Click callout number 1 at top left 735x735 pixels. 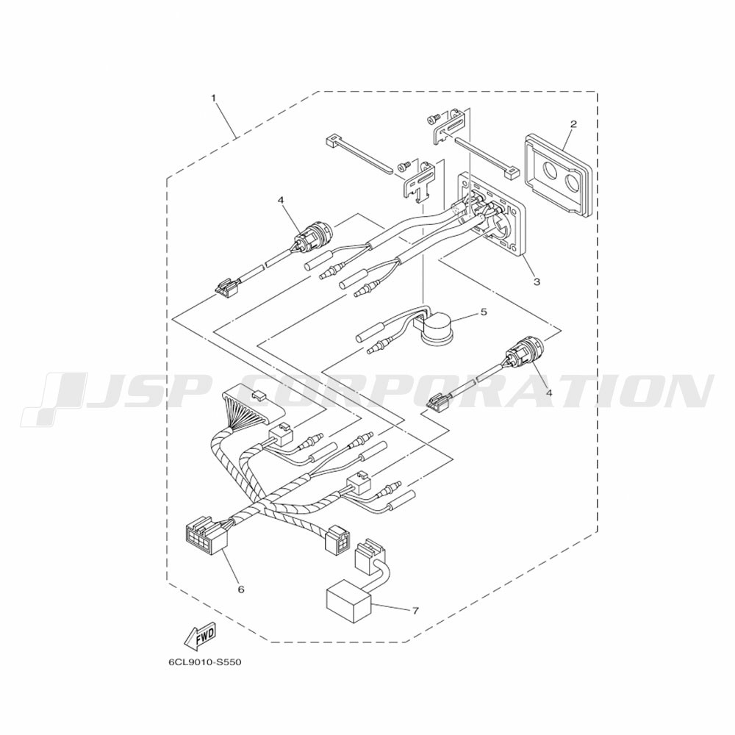(214, 98)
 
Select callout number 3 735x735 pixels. (537, 282)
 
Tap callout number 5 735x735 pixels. (484, 312)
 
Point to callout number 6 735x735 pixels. (241, 589)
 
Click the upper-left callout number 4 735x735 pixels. (280, 200)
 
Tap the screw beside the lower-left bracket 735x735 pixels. (403, 165)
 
